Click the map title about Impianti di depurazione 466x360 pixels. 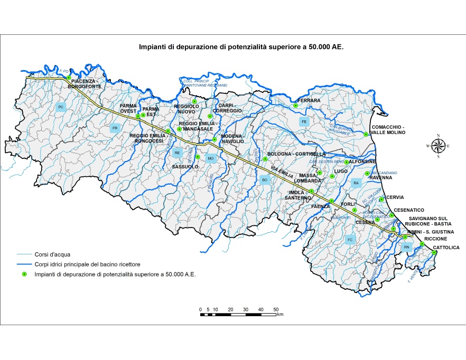pos(241,47)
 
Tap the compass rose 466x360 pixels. pos(437,146)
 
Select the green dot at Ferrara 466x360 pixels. pos(296,106)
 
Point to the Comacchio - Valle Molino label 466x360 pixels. pos(388,130)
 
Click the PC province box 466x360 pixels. pos(61,107)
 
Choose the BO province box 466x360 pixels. pos(265,180)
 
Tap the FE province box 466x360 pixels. pos(304,122)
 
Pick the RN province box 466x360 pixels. pos(406,247)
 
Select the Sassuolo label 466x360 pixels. pos(185,166)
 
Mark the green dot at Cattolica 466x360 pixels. pos(434,253)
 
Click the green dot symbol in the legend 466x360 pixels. pos(24,274)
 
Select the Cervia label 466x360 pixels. pos(395,197)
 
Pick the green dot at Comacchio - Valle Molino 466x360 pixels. pos(366,134)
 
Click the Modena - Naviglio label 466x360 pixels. pos(232,138)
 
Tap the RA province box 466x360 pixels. pos(356,183)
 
